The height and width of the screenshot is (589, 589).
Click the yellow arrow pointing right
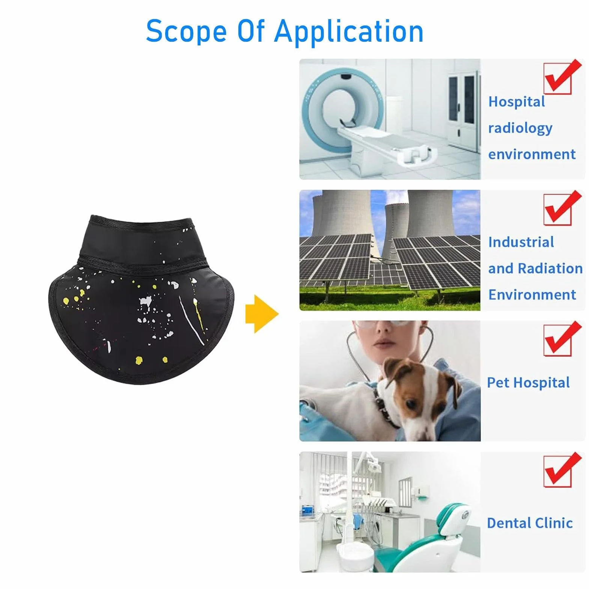[x=262, y=314]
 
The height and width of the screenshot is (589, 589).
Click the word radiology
[x=520, y=128]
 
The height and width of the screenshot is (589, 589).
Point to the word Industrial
[x=521, y=242]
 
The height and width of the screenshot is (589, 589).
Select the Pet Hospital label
[x=528, y=383]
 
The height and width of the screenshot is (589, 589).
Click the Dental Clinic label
[x=530, y=523]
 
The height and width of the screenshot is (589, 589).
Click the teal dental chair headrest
[x=458, y=518]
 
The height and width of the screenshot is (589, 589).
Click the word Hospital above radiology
[x=517, y=102]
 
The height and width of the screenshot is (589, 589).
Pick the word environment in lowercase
[x=532, y=154]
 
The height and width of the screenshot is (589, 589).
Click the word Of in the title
[x=251, y=32]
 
